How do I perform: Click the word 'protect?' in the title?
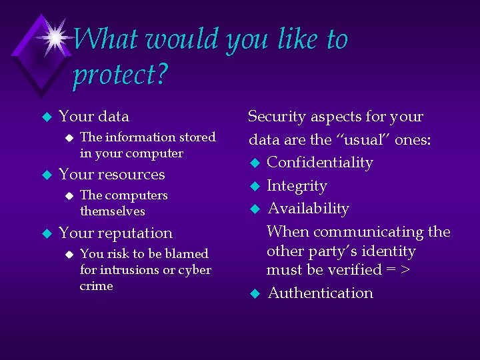pyautogui.click(x=119, y=75)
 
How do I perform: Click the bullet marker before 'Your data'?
pyautogui.click(x=46, y=117)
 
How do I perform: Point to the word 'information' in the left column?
pyautogui.click(x=136, y=137)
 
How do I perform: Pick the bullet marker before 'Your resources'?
pyautogui.click(x=46, y=175)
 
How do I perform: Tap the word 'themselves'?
pyautogui.click(x=112, y=211)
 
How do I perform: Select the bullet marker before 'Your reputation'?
pyautogui.click(x=46, y=234)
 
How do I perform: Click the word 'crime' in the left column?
pyautogui.click(x=96, y=286)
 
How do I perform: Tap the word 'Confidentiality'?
pyautogui.click(x=320, y=163)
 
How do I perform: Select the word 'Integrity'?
pyautogui.click(x=297, y=186)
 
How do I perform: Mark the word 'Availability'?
pyautogui.click(x=308, y=209)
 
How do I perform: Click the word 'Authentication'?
pyautogui.click(x=320, y=293)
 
